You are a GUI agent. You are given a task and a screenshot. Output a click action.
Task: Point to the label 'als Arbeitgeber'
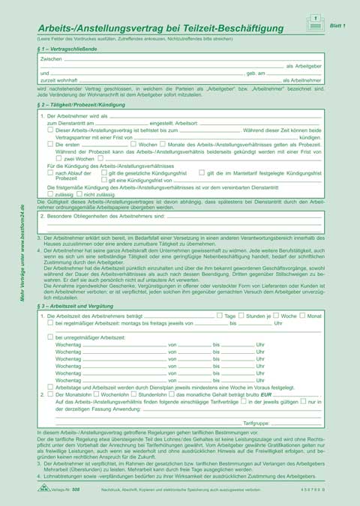pos(304,66)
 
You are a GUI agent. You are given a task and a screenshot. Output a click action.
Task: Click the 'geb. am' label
pos(256,73)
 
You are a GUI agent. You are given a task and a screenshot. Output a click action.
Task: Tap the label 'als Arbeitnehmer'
pos(302,80)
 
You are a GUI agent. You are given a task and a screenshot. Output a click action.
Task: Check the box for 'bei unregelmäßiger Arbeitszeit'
pos(50,338)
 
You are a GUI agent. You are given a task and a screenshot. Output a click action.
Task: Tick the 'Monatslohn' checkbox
pos(50,394)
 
